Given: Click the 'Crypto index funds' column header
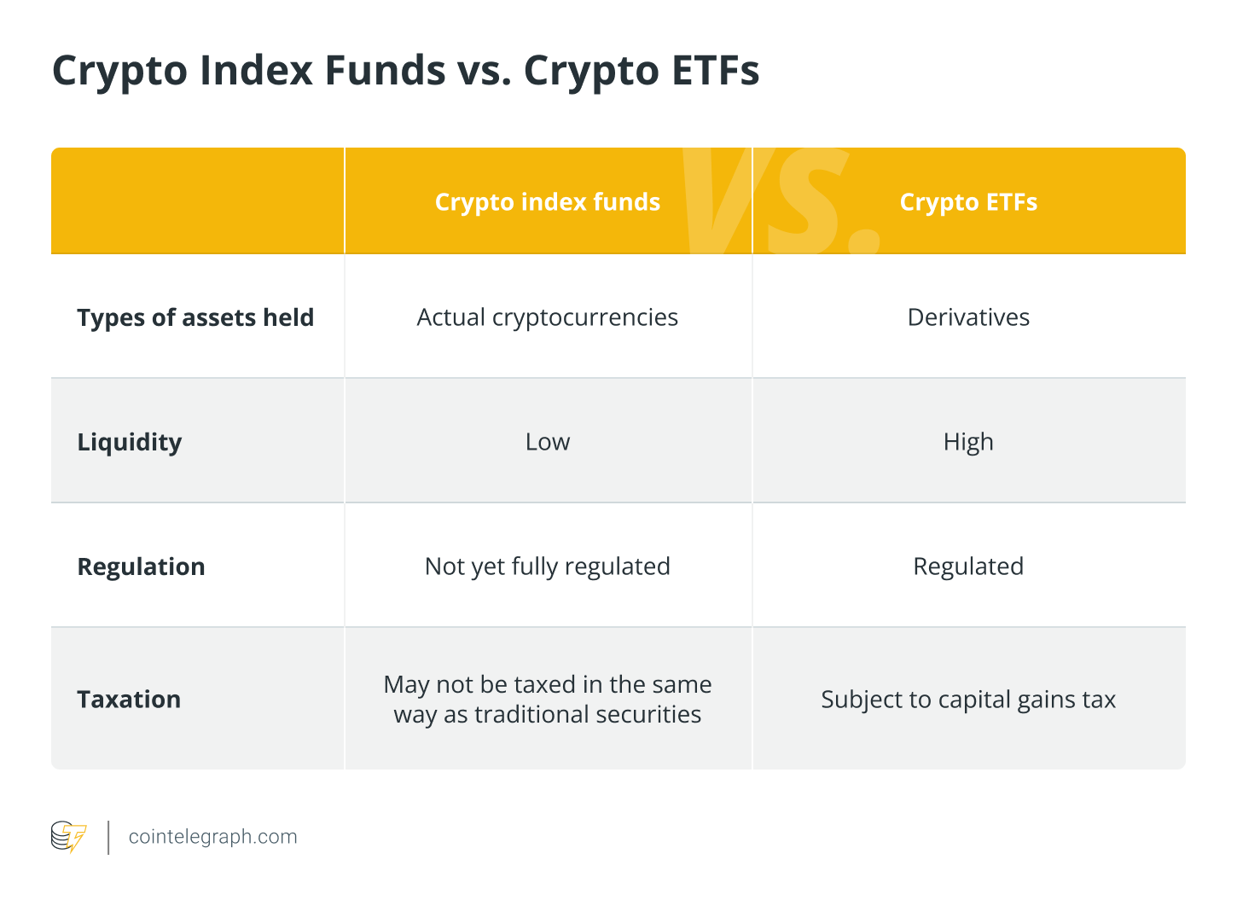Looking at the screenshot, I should point(547,202).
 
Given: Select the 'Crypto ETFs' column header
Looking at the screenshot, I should point(968,202).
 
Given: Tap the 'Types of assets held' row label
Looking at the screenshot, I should point(195,317).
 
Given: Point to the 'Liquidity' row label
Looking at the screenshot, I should point(130,442).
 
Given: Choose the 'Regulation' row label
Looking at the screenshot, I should point(142,566).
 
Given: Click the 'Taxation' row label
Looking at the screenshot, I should point(129,700).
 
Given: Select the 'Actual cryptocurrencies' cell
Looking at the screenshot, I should point(547,317).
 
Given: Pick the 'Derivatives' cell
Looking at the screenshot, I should point(968,317).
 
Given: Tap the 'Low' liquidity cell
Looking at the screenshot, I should point(547,442).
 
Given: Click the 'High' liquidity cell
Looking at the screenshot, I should point(968,442).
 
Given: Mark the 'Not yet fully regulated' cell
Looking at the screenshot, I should point(547,566).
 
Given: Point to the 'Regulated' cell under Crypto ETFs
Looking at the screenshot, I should point(968,566).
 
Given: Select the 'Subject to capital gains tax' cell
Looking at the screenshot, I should point(968,700).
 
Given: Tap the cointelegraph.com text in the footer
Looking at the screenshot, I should point(212,837).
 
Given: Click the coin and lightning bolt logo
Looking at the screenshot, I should point(68,837).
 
